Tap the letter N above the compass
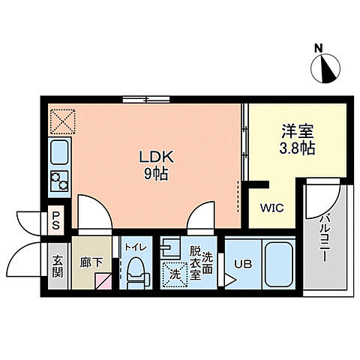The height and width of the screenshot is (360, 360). (319, 49)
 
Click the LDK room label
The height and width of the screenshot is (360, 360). (156, 157)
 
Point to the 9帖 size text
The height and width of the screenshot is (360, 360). (156, 174)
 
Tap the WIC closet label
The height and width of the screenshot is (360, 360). (270, 209)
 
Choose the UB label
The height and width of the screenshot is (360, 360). (241, 263)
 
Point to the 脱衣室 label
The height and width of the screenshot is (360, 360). (195, 262)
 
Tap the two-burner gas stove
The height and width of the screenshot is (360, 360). (59, 181)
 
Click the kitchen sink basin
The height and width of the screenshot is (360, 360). (58, 155)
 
